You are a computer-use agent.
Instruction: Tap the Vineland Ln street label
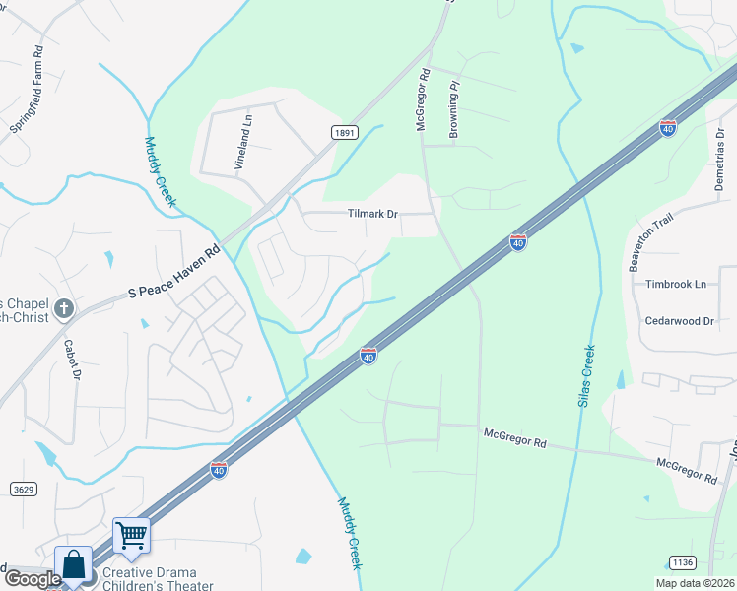242,144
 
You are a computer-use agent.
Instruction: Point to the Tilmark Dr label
372,214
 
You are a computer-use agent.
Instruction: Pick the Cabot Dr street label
71,359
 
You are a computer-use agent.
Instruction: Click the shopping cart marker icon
131,536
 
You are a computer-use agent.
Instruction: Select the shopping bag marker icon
74,565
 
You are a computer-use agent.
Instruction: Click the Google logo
32,579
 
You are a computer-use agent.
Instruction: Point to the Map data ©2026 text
695,583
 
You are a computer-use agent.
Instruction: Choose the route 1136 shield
681,562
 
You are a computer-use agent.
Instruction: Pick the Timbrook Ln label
676,284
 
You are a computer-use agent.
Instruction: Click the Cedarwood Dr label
678,321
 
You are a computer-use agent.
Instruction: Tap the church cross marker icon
64,308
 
